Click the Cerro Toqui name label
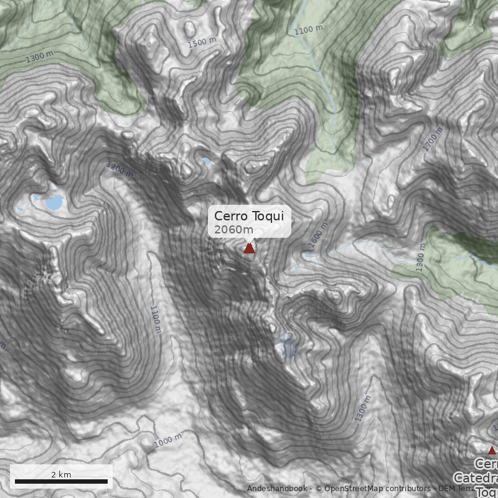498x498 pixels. click(x=249, y=215)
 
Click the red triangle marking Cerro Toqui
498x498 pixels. click(x=249, y=248)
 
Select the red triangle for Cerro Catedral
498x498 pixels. click(x=492, y=450)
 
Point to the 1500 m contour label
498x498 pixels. click(x=205, y=42)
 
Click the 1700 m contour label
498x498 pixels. click(x=432, y=139)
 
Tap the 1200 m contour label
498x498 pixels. click(x=120, y=170)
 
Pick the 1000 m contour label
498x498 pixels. click(x=167, y=440)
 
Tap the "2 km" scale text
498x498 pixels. click(x=61, y=474)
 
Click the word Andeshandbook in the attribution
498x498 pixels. click(x=276, y=489)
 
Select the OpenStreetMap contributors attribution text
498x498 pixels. click(x=374, y=489)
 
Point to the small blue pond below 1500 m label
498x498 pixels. click(x=207, y=161)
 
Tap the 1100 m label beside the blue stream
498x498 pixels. click(x=309, y=30)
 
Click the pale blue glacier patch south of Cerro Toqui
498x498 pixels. click(x=289, y=346)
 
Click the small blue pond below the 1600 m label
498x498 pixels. click(x=310, y=255)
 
